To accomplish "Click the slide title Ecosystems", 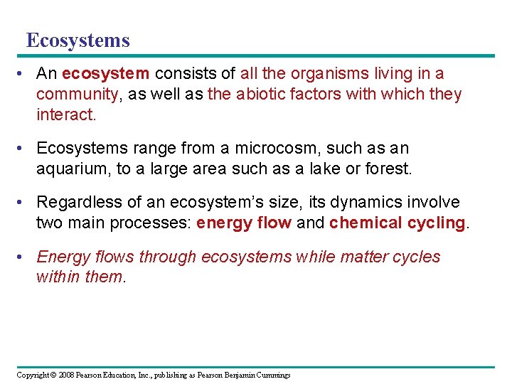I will [78, 40].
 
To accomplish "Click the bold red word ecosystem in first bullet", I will [106, 73].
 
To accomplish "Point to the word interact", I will [65, 114].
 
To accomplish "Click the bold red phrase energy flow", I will [244, 223].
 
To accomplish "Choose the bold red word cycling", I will [436, 223].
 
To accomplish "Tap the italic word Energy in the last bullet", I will [60, 257].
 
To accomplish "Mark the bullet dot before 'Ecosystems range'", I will [26, 148].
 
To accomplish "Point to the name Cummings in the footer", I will [272, 375].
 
